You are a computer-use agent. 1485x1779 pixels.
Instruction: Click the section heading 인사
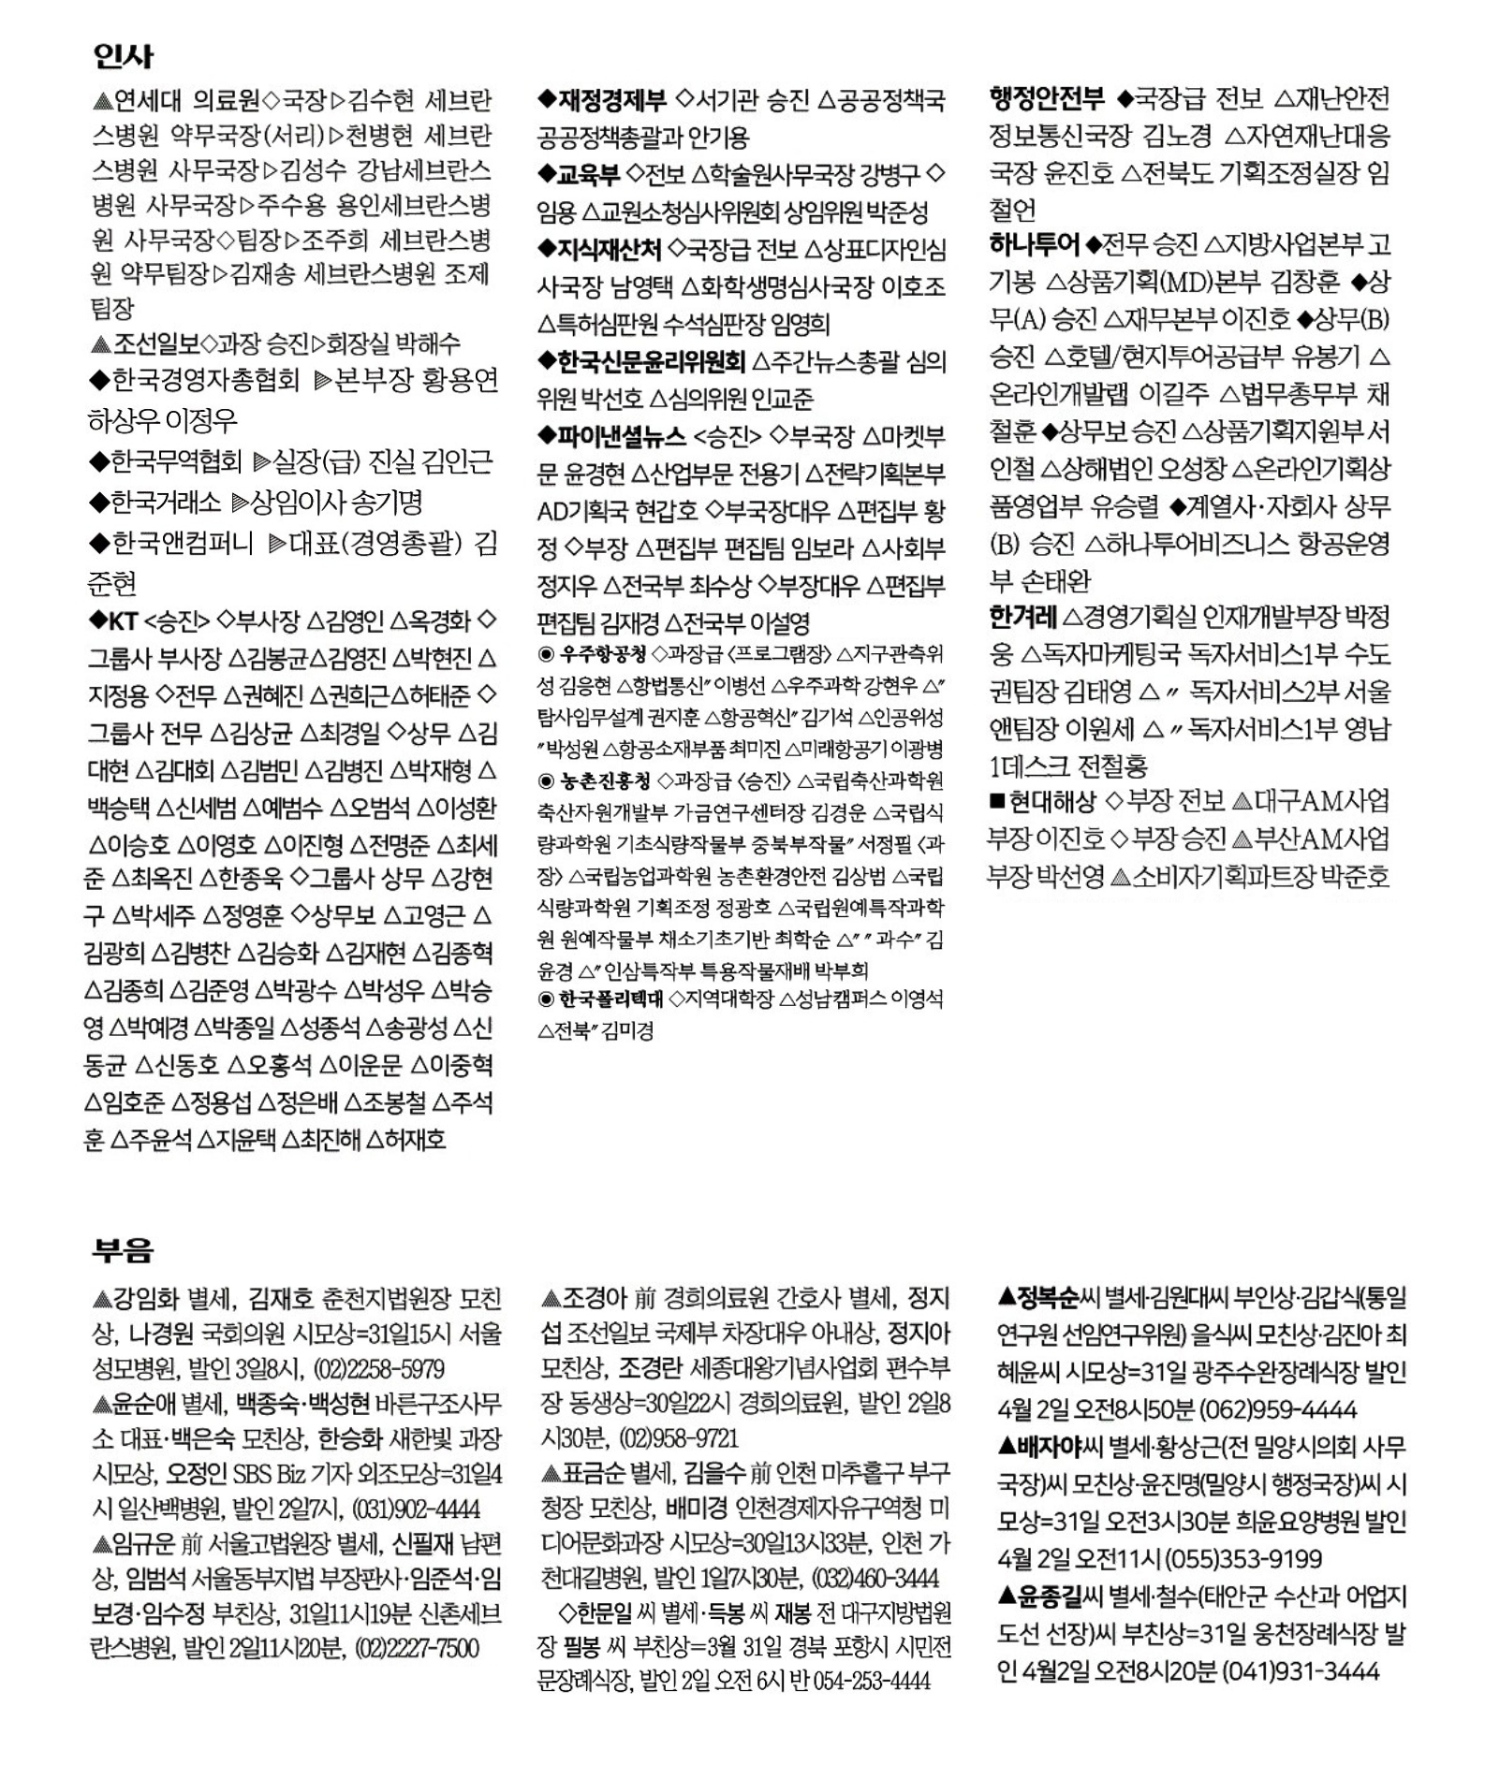(123, 57)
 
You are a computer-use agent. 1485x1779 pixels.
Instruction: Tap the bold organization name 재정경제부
(612, 99)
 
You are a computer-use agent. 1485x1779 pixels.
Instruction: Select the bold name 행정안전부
(1047, 98)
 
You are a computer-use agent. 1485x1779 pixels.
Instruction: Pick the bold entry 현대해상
(1052, 801)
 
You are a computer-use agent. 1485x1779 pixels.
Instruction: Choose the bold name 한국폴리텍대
(610, 999)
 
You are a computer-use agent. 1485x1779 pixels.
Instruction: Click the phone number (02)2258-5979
(378, 1369)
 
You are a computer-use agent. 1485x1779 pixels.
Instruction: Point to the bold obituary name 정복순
(1049, 1297)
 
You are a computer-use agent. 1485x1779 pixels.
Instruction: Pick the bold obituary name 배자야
(1049, 1447)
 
